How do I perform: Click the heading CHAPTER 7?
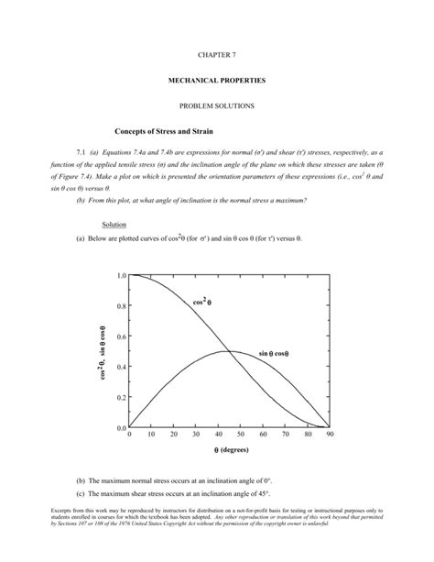tap(217, 56)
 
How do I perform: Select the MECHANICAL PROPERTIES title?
tap(217, 82)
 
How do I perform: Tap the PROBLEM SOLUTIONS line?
tap(217, 107)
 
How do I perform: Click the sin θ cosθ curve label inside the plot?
tap(279, 353)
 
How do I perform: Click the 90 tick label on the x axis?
tap(329, 436)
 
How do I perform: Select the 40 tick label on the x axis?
tap(218, 436)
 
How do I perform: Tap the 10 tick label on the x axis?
tap(151, 436)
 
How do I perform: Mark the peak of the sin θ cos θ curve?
tap(229, 351)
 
